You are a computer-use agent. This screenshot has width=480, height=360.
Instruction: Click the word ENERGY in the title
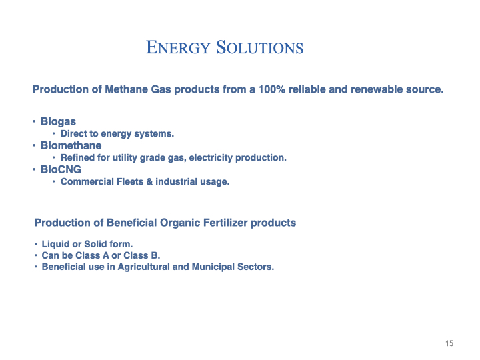179,48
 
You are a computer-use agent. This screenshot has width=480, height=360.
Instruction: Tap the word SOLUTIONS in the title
260,47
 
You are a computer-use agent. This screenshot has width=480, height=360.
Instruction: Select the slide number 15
449,343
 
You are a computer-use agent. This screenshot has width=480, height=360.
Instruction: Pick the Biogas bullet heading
58,121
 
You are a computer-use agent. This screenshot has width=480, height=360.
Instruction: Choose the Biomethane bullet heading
71,145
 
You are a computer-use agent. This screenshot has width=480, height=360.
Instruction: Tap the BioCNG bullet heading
61,169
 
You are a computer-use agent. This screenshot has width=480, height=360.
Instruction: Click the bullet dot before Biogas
34,121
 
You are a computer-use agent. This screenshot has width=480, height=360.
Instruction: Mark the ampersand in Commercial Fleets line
149,181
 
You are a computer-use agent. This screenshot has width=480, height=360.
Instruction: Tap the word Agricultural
143,267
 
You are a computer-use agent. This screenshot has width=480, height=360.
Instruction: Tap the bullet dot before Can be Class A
36,255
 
